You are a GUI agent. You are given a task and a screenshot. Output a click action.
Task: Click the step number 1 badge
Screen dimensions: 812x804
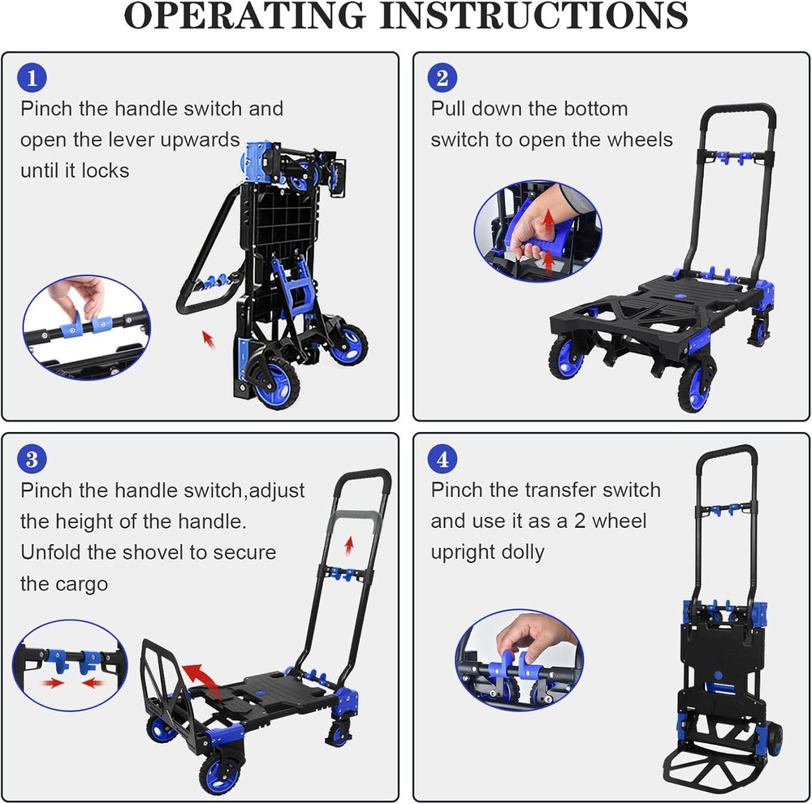click(x=32, y=78)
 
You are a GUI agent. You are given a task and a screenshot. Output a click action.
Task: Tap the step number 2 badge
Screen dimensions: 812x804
click(x=443, y=78)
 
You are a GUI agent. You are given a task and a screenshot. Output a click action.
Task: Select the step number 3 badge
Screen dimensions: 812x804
click(x=32, y=460)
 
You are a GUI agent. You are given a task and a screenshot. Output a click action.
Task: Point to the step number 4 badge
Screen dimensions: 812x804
click(x=443, y=460)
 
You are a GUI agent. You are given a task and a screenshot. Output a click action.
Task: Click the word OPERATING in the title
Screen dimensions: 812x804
click(x=245, y=15)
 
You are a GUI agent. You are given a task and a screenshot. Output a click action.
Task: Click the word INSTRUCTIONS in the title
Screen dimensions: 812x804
click(x=534, y=15)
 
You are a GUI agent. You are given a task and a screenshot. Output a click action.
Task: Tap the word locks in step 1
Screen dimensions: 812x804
click(x=105, y=171)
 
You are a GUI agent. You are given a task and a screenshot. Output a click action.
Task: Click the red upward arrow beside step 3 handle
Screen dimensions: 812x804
click(x=349, y=546)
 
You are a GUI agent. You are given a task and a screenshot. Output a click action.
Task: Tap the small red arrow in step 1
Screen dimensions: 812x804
click(x=208, y=339)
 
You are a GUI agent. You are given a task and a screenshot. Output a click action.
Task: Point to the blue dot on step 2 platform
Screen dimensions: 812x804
click(x=678, y=297)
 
